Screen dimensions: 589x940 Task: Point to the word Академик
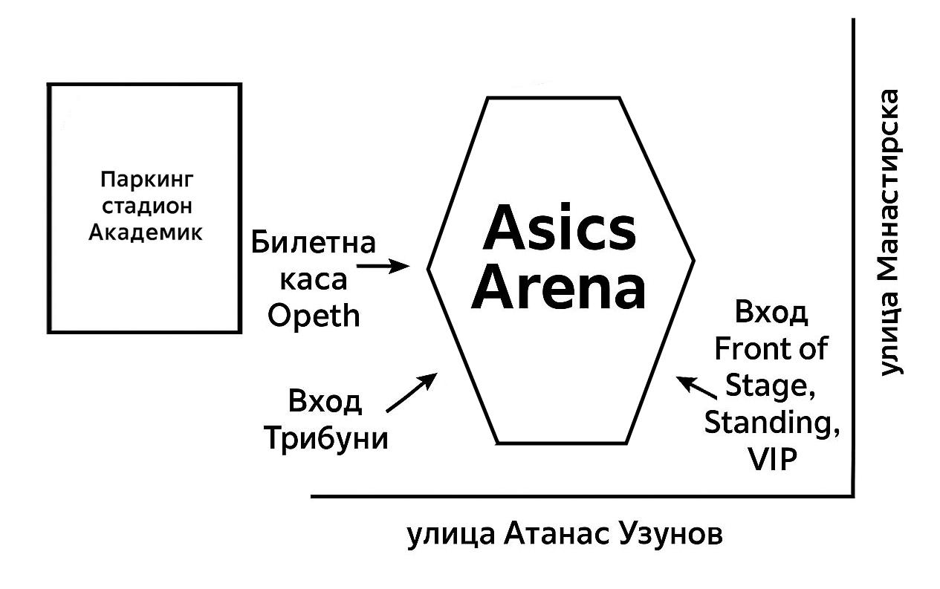pyautogui.click(x=146, y=232)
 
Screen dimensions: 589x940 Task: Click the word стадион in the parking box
pyautogui.click(x=146, y=206)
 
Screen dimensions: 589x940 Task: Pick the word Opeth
pyautogui.click(x=314, y=317)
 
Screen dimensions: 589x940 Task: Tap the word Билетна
pyautogui.click(x=314, y=243)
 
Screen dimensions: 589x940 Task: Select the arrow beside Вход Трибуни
pyautogui.click(x=412, y=392)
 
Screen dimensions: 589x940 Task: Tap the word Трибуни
pyautogui.click(x=326, y=437)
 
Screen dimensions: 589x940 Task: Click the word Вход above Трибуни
pyautogui.click(x=325, y=402)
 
